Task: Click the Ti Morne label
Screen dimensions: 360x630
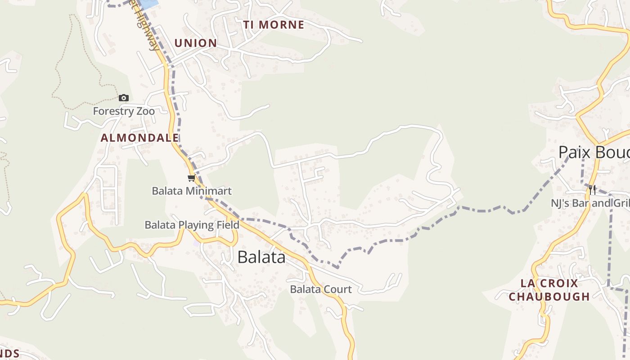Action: coord(274,25)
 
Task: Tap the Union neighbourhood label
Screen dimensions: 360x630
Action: coord(195,43)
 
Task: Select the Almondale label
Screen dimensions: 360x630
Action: coord(139,138)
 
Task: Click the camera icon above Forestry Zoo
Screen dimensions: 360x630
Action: coord(124,98)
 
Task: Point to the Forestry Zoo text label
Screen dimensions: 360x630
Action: coord(124,111)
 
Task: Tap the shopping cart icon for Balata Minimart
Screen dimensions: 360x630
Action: coord(192,178)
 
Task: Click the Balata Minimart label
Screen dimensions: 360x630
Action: coord(192,191)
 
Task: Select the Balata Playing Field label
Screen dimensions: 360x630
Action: coord(192,225)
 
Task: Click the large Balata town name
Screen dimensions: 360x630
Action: coord(261,257)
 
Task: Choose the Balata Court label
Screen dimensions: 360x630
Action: coord(320,289)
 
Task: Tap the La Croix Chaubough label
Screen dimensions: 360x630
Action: coord(549,290)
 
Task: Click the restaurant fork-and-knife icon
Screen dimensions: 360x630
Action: coord(592,190)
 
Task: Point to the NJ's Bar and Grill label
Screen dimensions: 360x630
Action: coord(590,203)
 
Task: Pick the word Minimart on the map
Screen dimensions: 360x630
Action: coord(211,191)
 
